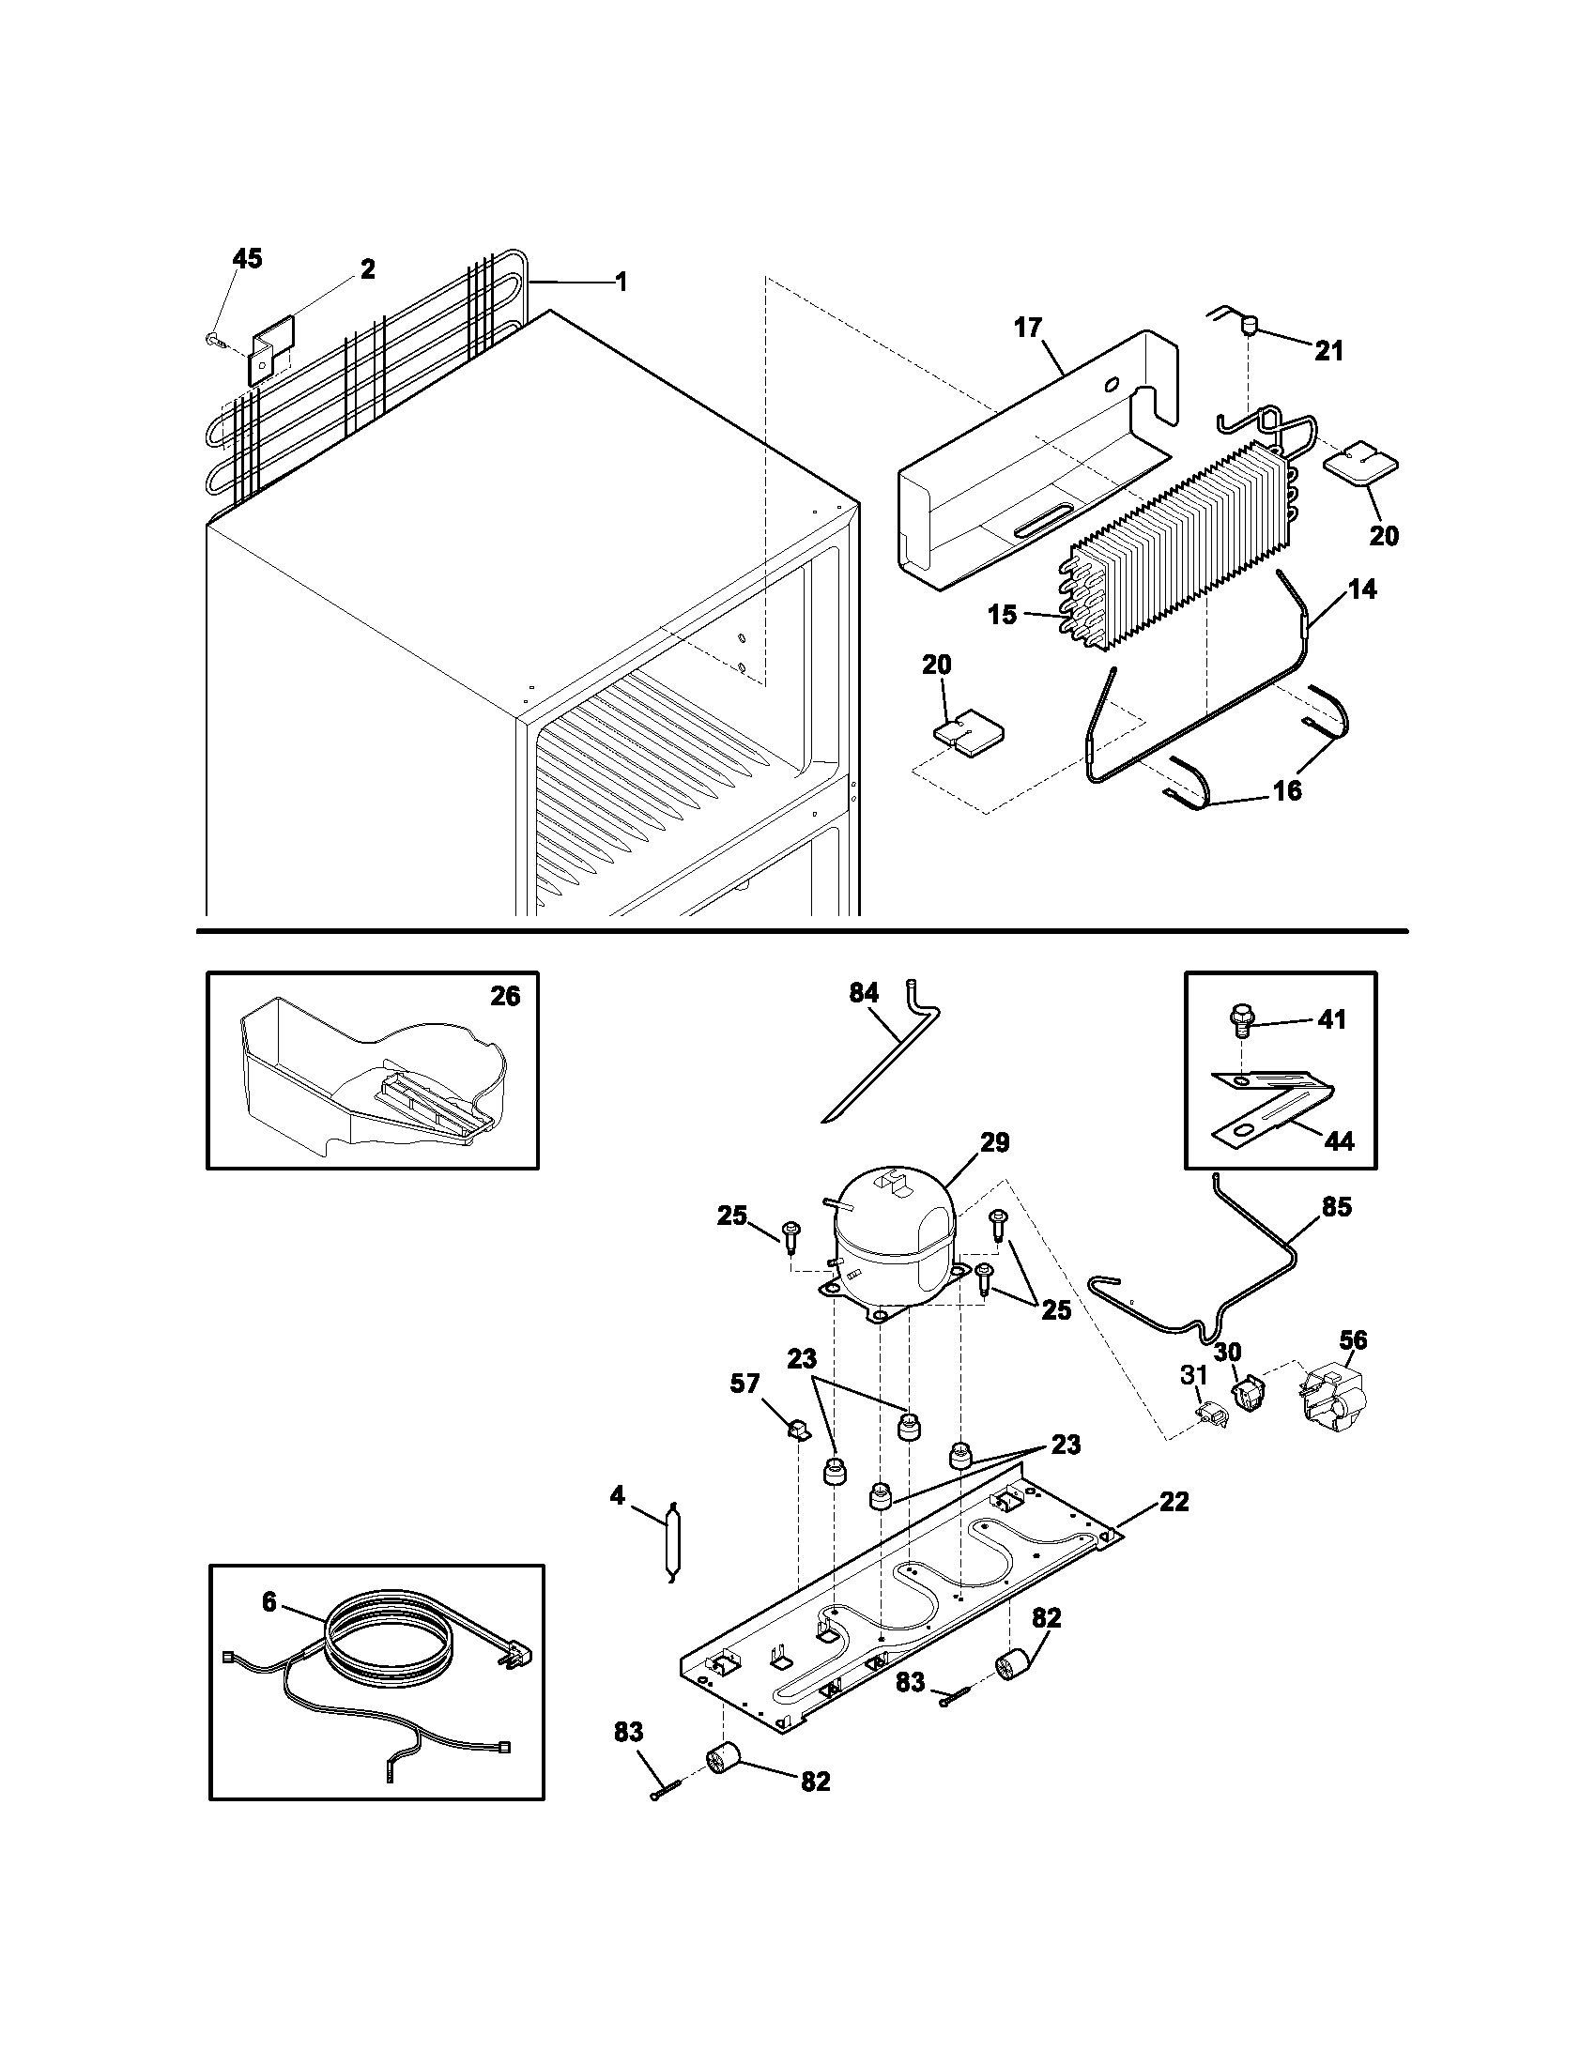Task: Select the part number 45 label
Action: [x=248, y=259]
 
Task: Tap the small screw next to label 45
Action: [x=214, y=339]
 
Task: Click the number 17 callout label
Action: [x=1028, y=328]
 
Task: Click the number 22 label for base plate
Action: [x=1174, y=1501]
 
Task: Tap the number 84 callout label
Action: [x=863, y=993]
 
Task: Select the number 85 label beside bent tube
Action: [x=1336, y=1207]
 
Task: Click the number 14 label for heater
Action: [x=1362, y=589]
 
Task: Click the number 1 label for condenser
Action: [x=621, y=281]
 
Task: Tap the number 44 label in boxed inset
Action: [x=1338, y=1141]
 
